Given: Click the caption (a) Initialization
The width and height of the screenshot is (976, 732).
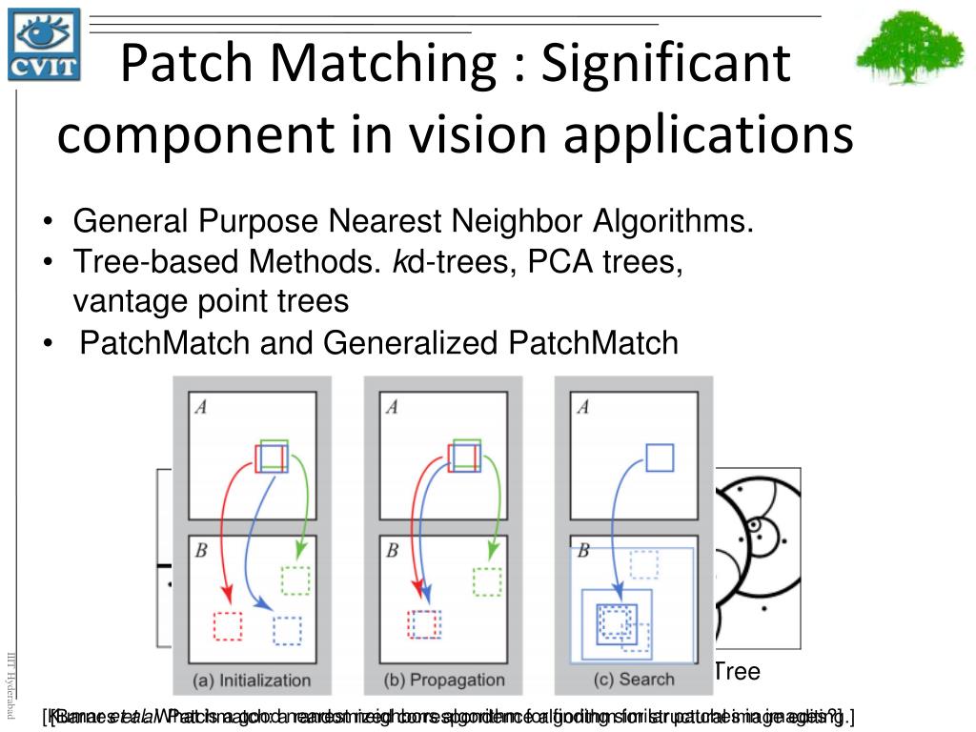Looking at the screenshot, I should (x=252, y=680).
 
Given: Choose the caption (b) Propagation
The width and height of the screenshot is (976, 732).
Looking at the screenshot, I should (x=442, y=680).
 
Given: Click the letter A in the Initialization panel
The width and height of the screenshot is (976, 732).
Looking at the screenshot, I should (x=201, y=407).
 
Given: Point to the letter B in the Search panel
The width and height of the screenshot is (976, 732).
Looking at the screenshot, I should (x=582, y=550).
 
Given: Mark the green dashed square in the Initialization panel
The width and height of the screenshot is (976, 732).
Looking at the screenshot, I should (x=296, y=579).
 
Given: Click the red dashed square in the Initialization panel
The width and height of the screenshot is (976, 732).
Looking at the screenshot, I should (x=229, y=625).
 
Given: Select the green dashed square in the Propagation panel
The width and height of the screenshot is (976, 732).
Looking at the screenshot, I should (x=487, y=579).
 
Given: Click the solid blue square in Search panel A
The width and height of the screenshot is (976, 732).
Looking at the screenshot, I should (x=659, y=457).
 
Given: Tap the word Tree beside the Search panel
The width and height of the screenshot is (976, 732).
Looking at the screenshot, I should (x=737, y=671).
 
